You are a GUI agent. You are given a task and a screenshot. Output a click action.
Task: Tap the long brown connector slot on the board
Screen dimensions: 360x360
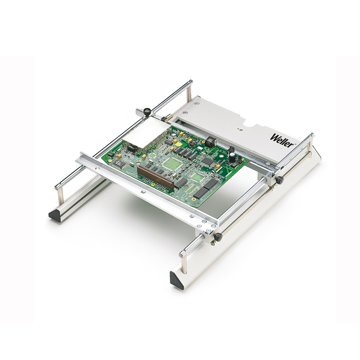click(x=155, y=176)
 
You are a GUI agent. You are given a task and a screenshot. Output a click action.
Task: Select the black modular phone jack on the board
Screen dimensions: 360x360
click(x=210, y=141)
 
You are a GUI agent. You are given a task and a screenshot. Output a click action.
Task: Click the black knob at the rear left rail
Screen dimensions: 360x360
click(x=147, y=111)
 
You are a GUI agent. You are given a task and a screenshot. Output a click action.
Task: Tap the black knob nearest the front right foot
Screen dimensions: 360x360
click(x=218, y=237)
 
